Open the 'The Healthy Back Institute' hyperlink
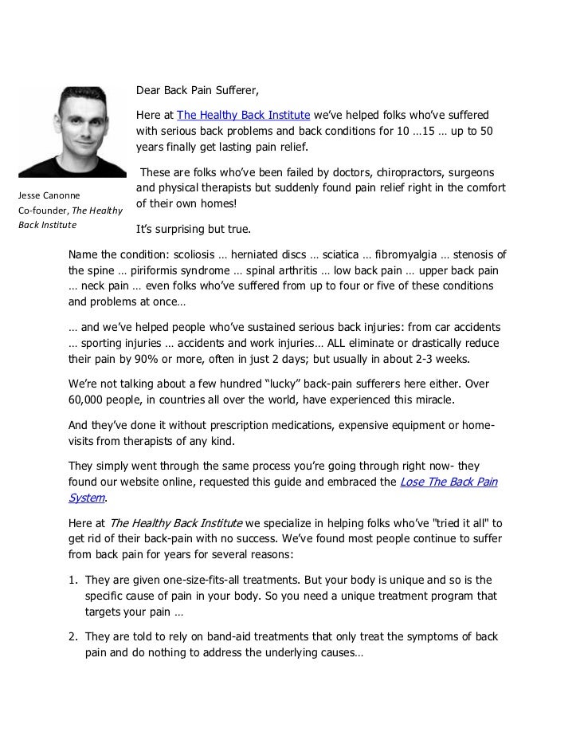point(243,115)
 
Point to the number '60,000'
point(90,399)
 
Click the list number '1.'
point(73,580)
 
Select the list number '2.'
point(73,636)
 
